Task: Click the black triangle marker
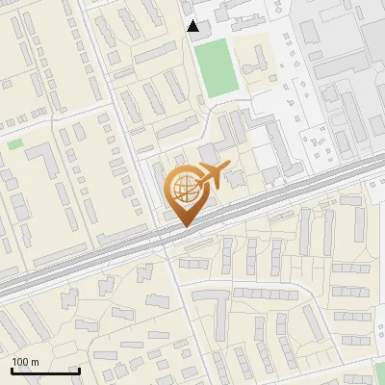pyautogui.click(x=193, y=26)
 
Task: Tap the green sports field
pyautogui.click(x=216, y=66)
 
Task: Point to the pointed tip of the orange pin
pyautogui.click(x=185, y=226)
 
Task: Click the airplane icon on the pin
pyautogui.click(x=211, y=176)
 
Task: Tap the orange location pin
pyautogui.click(x=185, y=192)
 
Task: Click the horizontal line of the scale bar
pyautogui.click(x=45, y=372)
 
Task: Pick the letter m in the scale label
pyautogui.click(x=35, y=362)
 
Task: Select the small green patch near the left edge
pyautogui.click(x=14, y=144)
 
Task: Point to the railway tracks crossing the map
pyautogui.click(x=96, y=260)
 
